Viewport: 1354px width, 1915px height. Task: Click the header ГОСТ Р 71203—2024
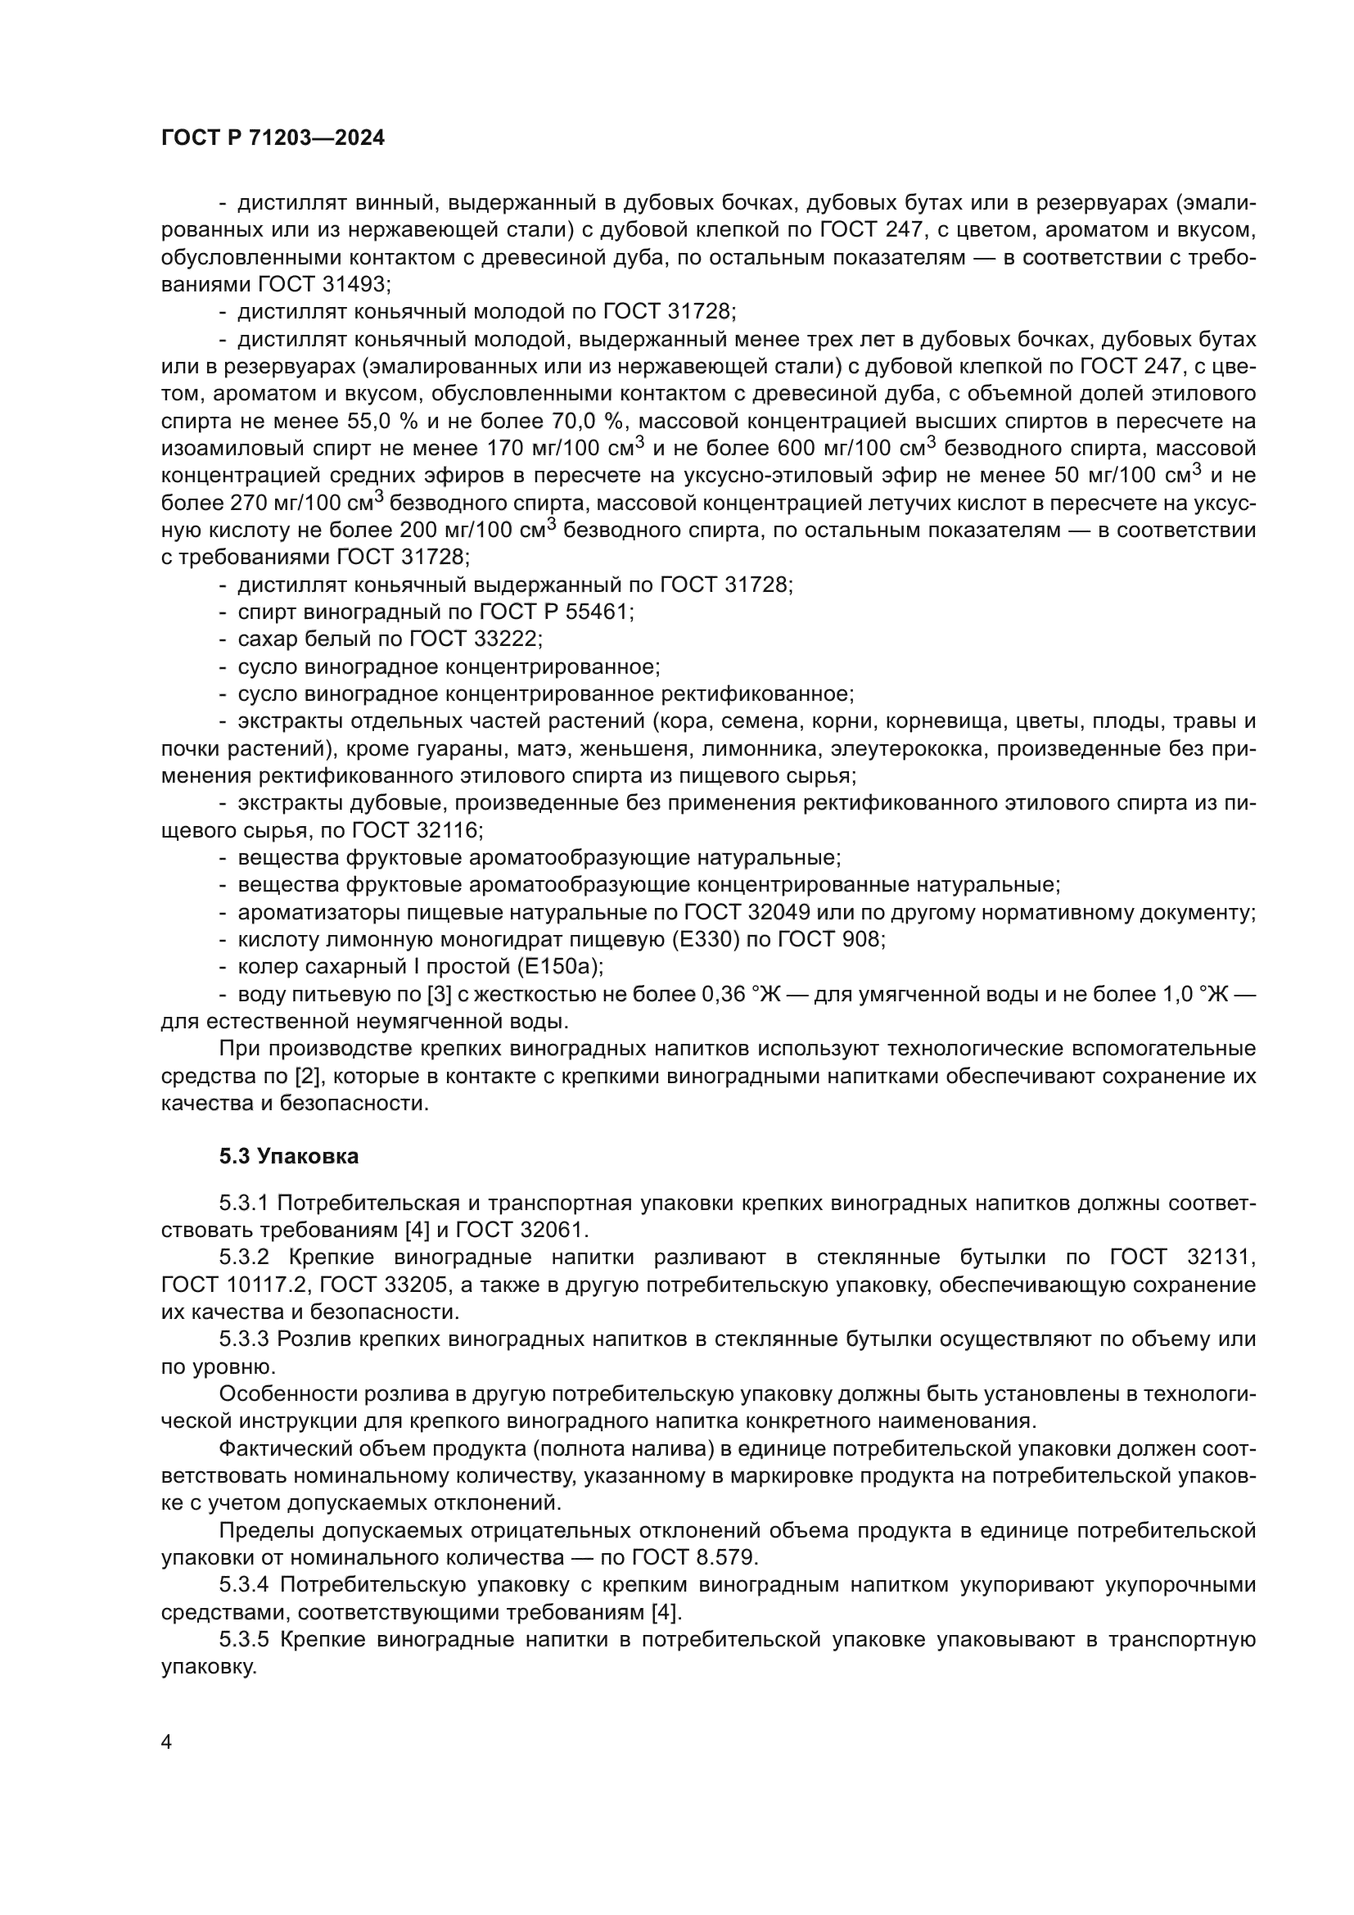click(x=273, y=138)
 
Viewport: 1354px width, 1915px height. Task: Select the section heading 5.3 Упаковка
click(x=288, y=1156)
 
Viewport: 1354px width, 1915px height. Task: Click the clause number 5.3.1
click(x=244, y=1203)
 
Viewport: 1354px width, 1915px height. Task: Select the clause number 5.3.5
click(x=244, y=1639)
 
